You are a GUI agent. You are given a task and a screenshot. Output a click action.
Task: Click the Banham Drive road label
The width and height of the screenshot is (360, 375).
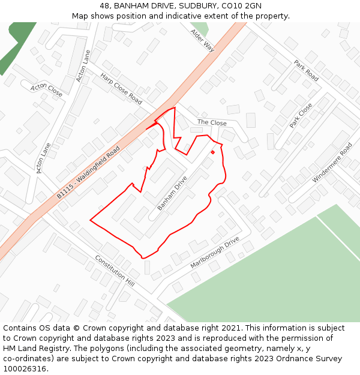(172, 193)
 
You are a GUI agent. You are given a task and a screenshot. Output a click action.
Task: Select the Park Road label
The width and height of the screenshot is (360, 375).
(306, 70)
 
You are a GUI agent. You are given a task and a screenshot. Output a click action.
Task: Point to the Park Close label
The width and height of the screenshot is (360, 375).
(301, 115)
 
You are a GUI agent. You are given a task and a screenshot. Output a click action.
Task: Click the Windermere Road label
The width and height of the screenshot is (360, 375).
(332, 163)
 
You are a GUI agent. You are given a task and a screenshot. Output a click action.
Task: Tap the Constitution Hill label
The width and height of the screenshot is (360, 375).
(115, 270)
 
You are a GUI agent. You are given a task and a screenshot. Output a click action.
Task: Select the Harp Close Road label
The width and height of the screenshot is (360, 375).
(121, 89)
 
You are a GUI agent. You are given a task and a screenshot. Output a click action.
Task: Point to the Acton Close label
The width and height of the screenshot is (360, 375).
(46, 89)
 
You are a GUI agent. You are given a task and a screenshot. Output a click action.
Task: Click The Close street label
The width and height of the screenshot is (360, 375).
(212, 122)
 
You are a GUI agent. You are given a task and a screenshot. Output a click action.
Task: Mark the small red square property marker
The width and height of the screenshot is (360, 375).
(212, 152)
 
